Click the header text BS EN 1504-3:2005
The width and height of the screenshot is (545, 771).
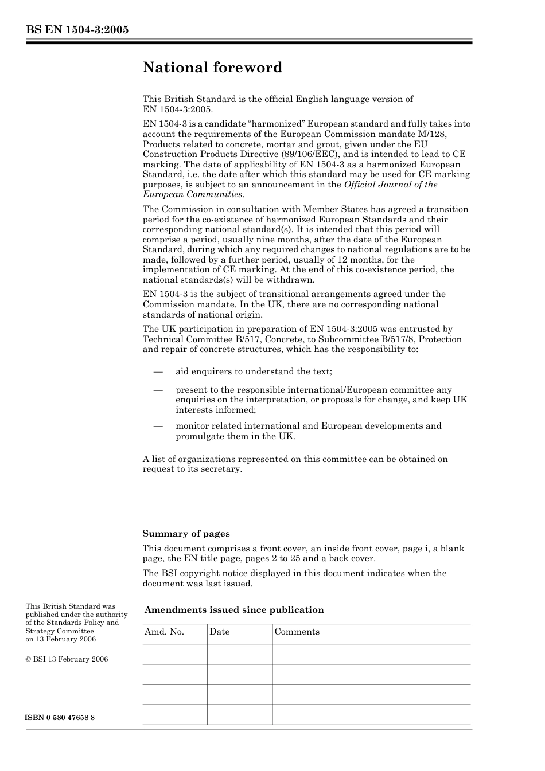(x=77, y=30)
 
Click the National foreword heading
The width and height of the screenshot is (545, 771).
(x=212, y=68)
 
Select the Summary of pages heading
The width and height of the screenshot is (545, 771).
(x=186, y=534)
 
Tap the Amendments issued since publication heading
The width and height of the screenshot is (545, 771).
(x=234, y=610)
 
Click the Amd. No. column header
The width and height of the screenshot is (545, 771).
(x=164, y=632)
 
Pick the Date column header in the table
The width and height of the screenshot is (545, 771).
(x=219, y=632)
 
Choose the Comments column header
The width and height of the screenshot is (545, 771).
(x=297, y=632)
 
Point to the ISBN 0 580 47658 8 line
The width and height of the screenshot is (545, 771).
(x=60, y=718)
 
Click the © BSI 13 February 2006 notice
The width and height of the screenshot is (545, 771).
(x=67, y=659)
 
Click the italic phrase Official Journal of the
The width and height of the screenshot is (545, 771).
(x=390, y=185)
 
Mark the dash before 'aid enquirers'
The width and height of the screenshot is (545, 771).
(x=159, y=371)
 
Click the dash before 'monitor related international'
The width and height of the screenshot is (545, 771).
(x=159, y=426)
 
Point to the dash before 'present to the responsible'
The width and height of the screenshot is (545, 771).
(x=159, y=390)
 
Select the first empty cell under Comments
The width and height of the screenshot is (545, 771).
(x=371, y=654)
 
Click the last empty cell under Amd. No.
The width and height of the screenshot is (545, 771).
(x=174, y=715)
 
